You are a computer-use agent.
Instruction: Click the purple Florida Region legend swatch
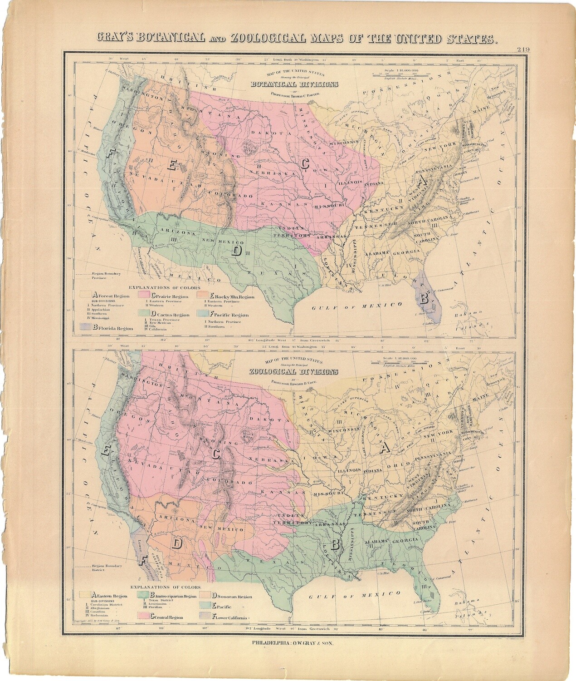coord(86,326)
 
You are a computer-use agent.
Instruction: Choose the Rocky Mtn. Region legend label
coord(229,296)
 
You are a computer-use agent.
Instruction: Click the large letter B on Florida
coord(425,299)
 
